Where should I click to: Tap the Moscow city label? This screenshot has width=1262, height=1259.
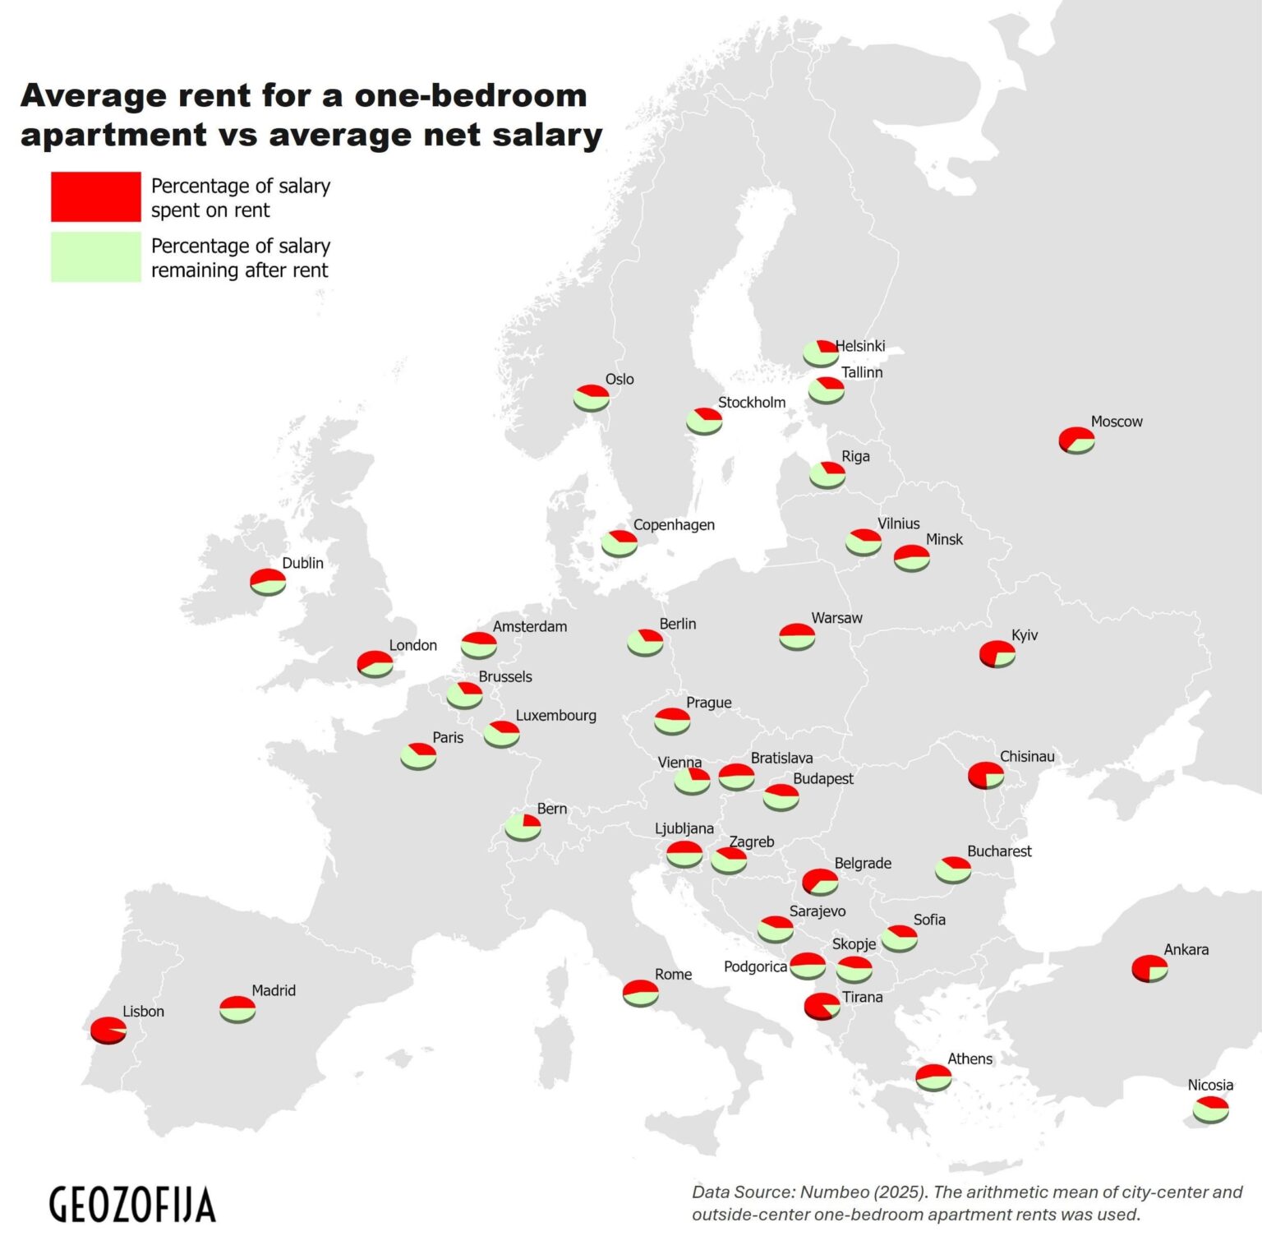click(x=1116, y=422)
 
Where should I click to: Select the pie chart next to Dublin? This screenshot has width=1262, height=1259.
click(x=268, y=581)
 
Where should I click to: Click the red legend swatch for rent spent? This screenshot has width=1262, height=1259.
click(x=96, y=196)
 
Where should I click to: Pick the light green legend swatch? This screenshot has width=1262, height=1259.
click(x=96, y=257)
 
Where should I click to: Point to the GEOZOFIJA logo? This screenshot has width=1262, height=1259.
click(x=132, y=1205)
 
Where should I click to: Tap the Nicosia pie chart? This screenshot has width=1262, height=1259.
click(x=1210, y=1109)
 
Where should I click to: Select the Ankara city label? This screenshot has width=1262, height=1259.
click(x=1186, y=949)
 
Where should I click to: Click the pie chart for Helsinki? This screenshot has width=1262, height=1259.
click(x=820, y=353)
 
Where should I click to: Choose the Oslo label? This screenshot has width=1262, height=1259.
click(x=619, y=379)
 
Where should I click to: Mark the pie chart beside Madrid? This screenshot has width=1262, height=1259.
click(x=237, y=1008)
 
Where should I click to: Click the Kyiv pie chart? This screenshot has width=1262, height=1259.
click(x=997, y=654)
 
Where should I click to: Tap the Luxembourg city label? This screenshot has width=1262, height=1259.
click(x=555, y=715)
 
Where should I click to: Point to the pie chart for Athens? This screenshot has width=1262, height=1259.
click(x=933, y=1077)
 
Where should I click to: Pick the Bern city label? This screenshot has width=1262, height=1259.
click(x=551, y=809)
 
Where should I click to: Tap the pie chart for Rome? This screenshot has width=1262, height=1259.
click(x=640, y=993)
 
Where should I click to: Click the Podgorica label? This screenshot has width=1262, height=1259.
click(x=755, y=966)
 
